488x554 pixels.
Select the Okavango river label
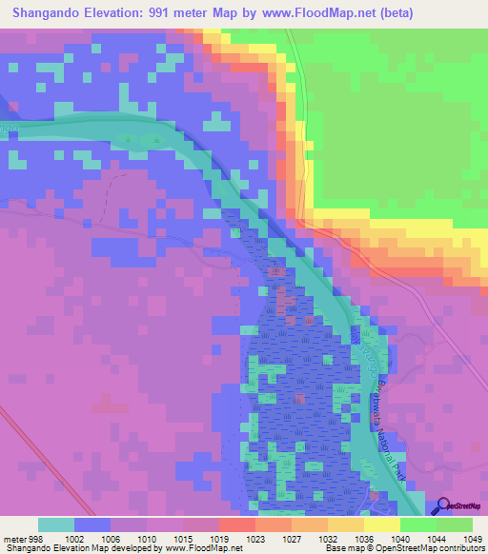361,360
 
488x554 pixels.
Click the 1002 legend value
72,538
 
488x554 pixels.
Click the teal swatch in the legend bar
56,524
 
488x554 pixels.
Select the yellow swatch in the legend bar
382,524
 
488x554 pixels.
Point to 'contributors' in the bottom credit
462,548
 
